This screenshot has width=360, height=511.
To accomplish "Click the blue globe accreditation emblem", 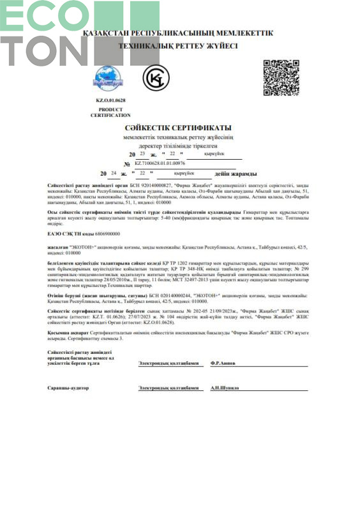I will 110,79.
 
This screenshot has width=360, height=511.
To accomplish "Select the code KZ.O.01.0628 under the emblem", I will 110,102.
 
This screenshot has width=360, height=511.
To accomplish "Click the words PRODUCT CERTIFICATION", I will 110,112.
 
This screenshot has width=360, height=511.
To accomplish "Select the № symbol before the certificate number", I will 127,164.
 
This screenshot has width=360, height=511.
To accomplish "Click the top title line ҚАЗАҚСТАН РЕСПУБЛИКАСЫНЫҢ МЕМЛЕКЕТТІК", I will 178,33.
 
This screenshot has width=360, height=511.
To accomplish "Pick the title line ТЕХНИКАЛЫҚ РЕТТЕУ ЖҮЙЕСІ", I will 178,46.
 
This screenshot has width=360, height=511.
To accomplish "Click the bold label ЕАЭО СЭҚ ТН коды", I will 67,234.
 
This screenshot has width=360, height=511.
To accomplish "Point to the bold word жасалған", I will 58,245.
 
